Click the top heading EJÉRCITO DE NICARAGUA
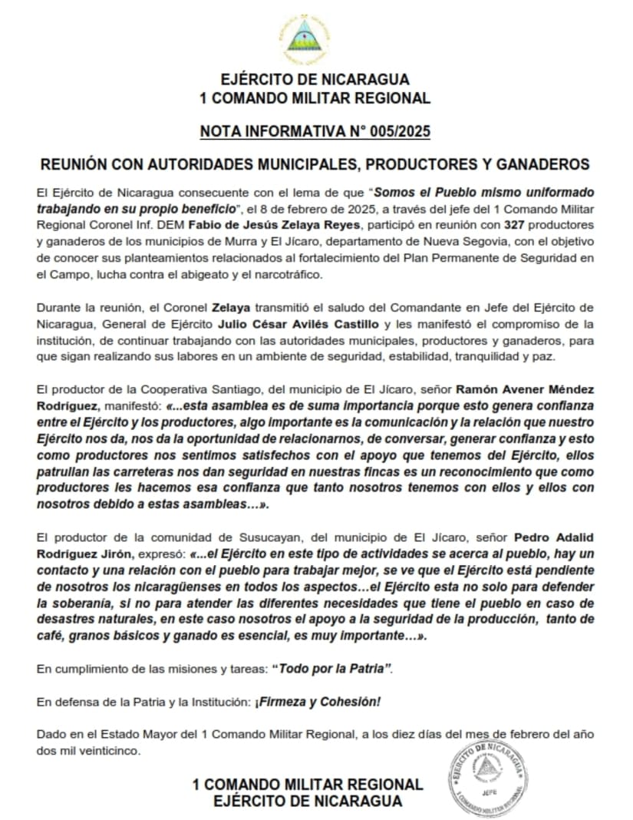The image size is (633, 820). (x=315, y=80)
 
